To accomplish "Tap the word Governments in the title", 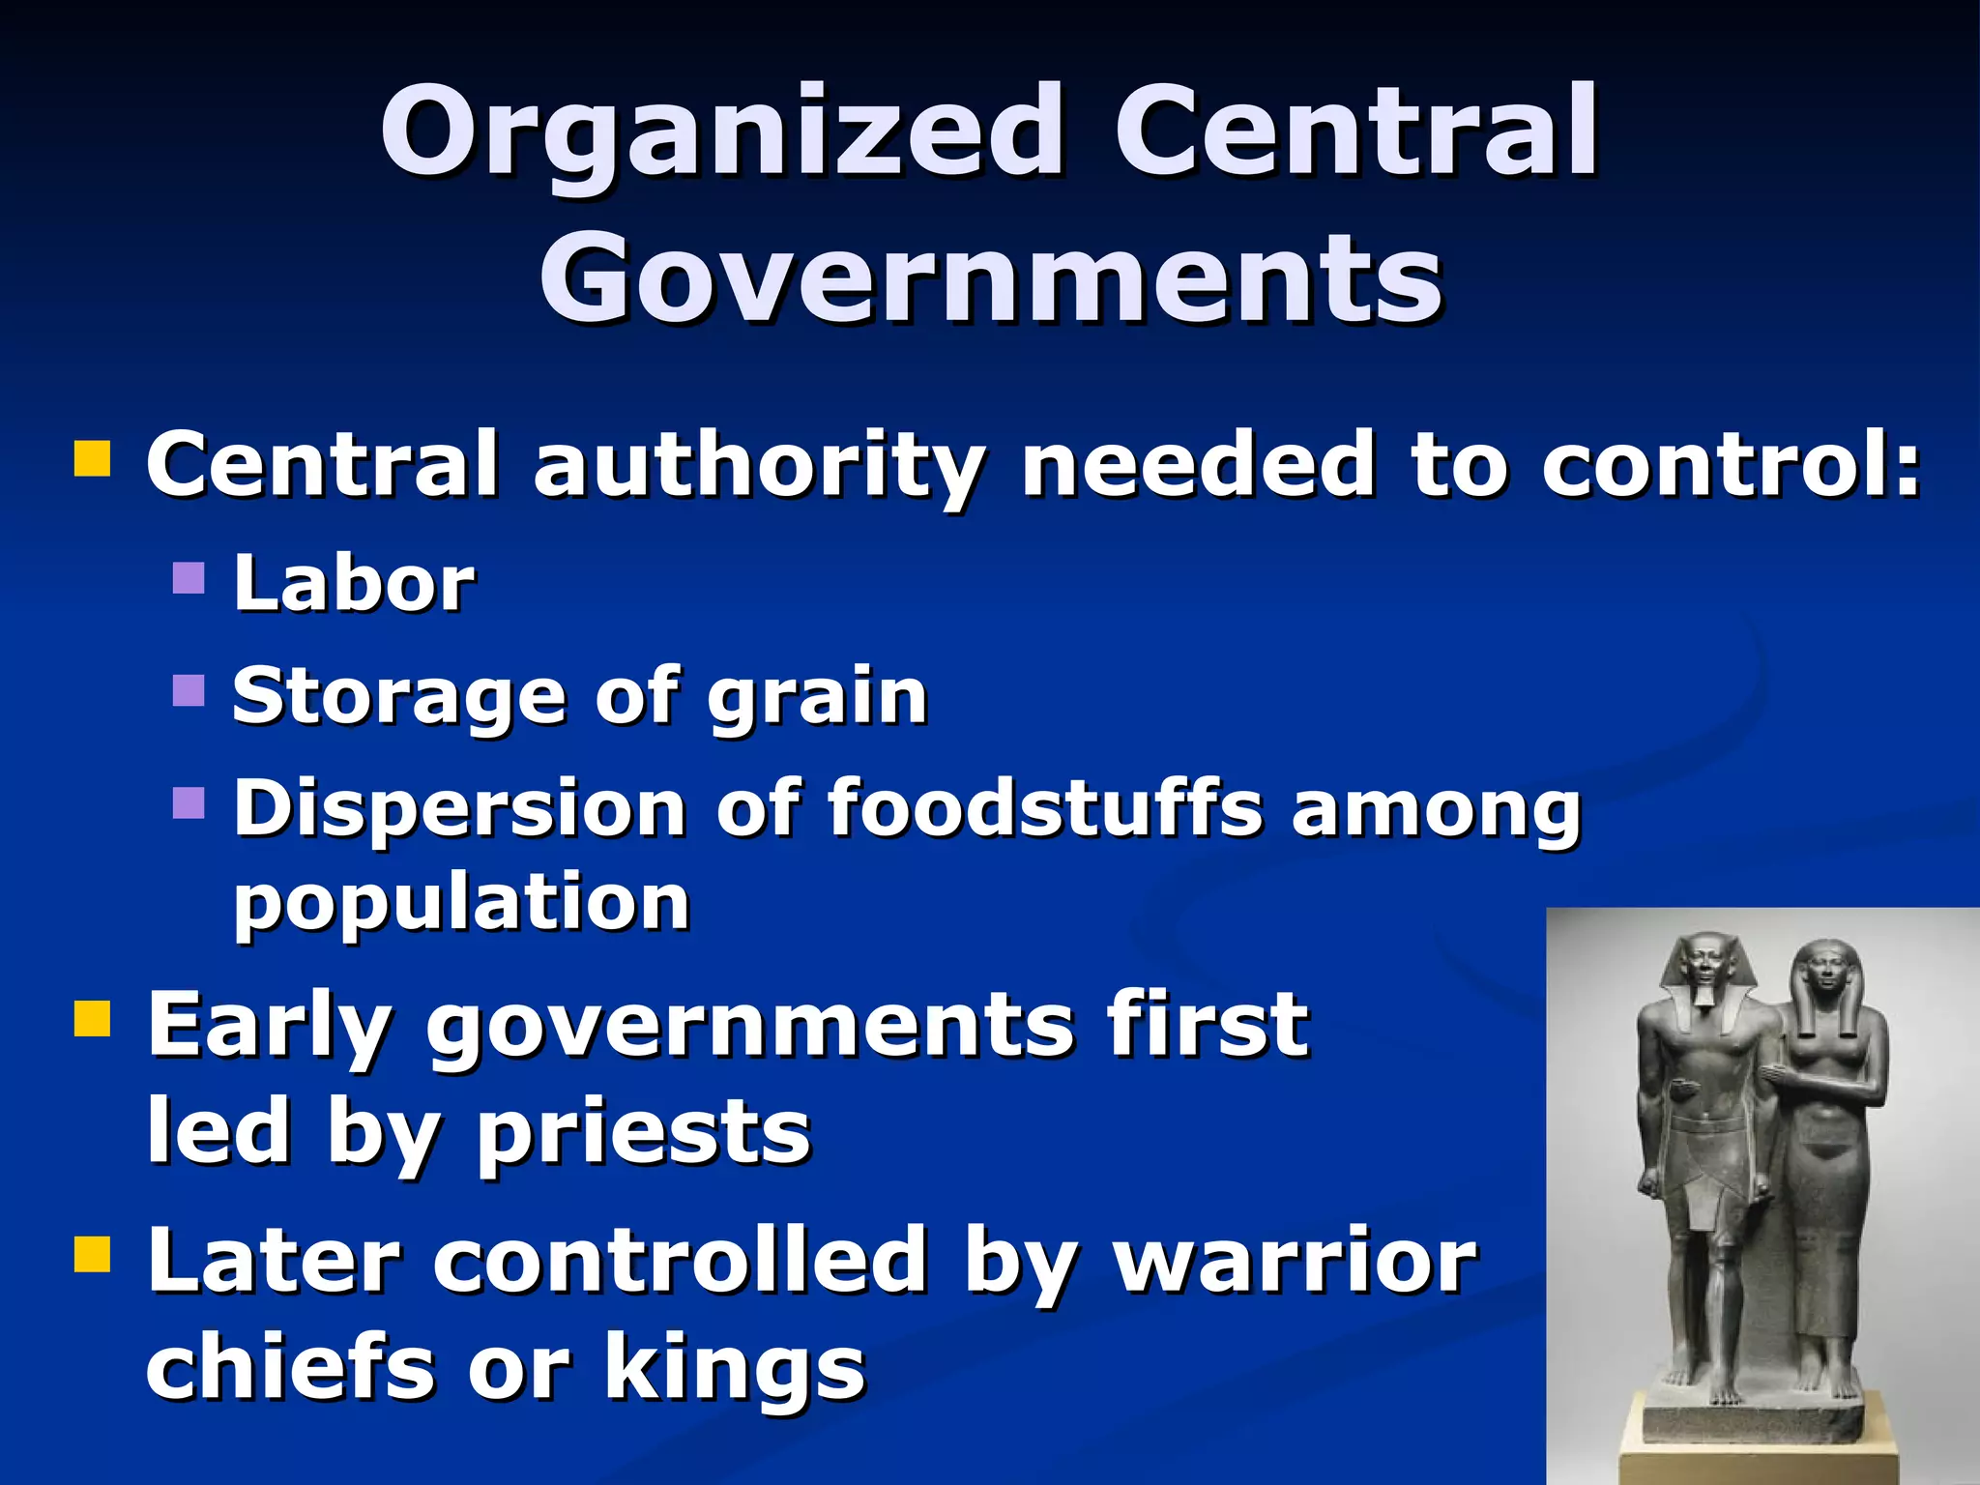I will click(990, 280).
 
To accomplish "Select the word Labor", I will click(354, 584).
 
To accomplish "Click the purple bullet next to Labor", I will click(189, 578).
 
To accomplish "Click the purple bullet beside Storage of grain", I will click(189, 690).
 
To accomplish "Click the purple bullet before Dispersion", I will click(189, 802).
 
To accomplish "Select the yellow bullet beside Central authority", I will click(93, 459).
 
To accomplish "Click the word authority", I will click(760, 466).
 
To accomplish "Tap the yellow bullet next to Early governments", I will click(93, 1019).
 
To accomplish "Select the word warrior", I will click(1296, 1261).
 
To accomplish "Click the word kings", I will click(735, 1369).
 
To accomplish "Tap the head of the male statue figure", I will click(1703, 967).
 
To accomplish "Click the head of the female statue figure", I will click(1823, 972).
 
